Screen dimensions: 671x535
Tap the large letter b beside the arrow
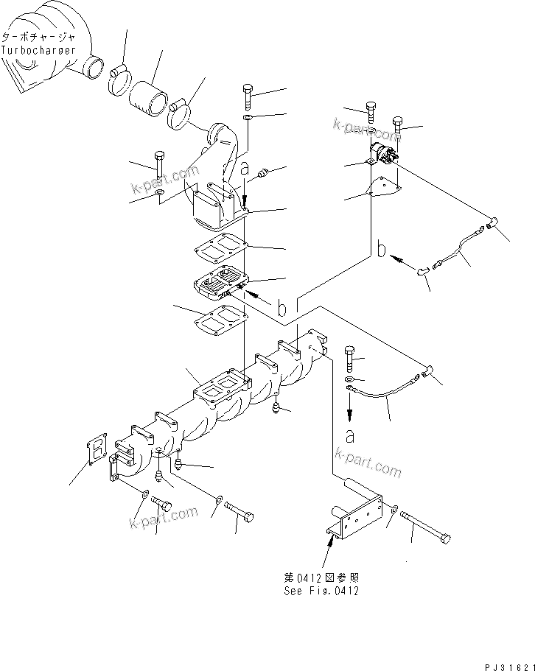[380, 250]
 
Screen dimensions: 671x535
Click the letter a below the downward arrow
[349, 435]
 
